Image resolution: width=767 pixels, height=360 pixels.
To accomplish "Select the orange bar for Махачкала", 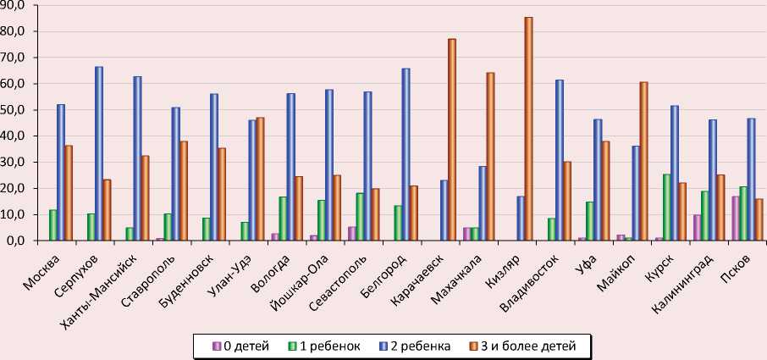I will [x=490, y=157].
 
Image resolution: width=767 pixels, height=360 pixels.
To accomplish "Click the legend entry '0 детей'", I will [x=242, y=346].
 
